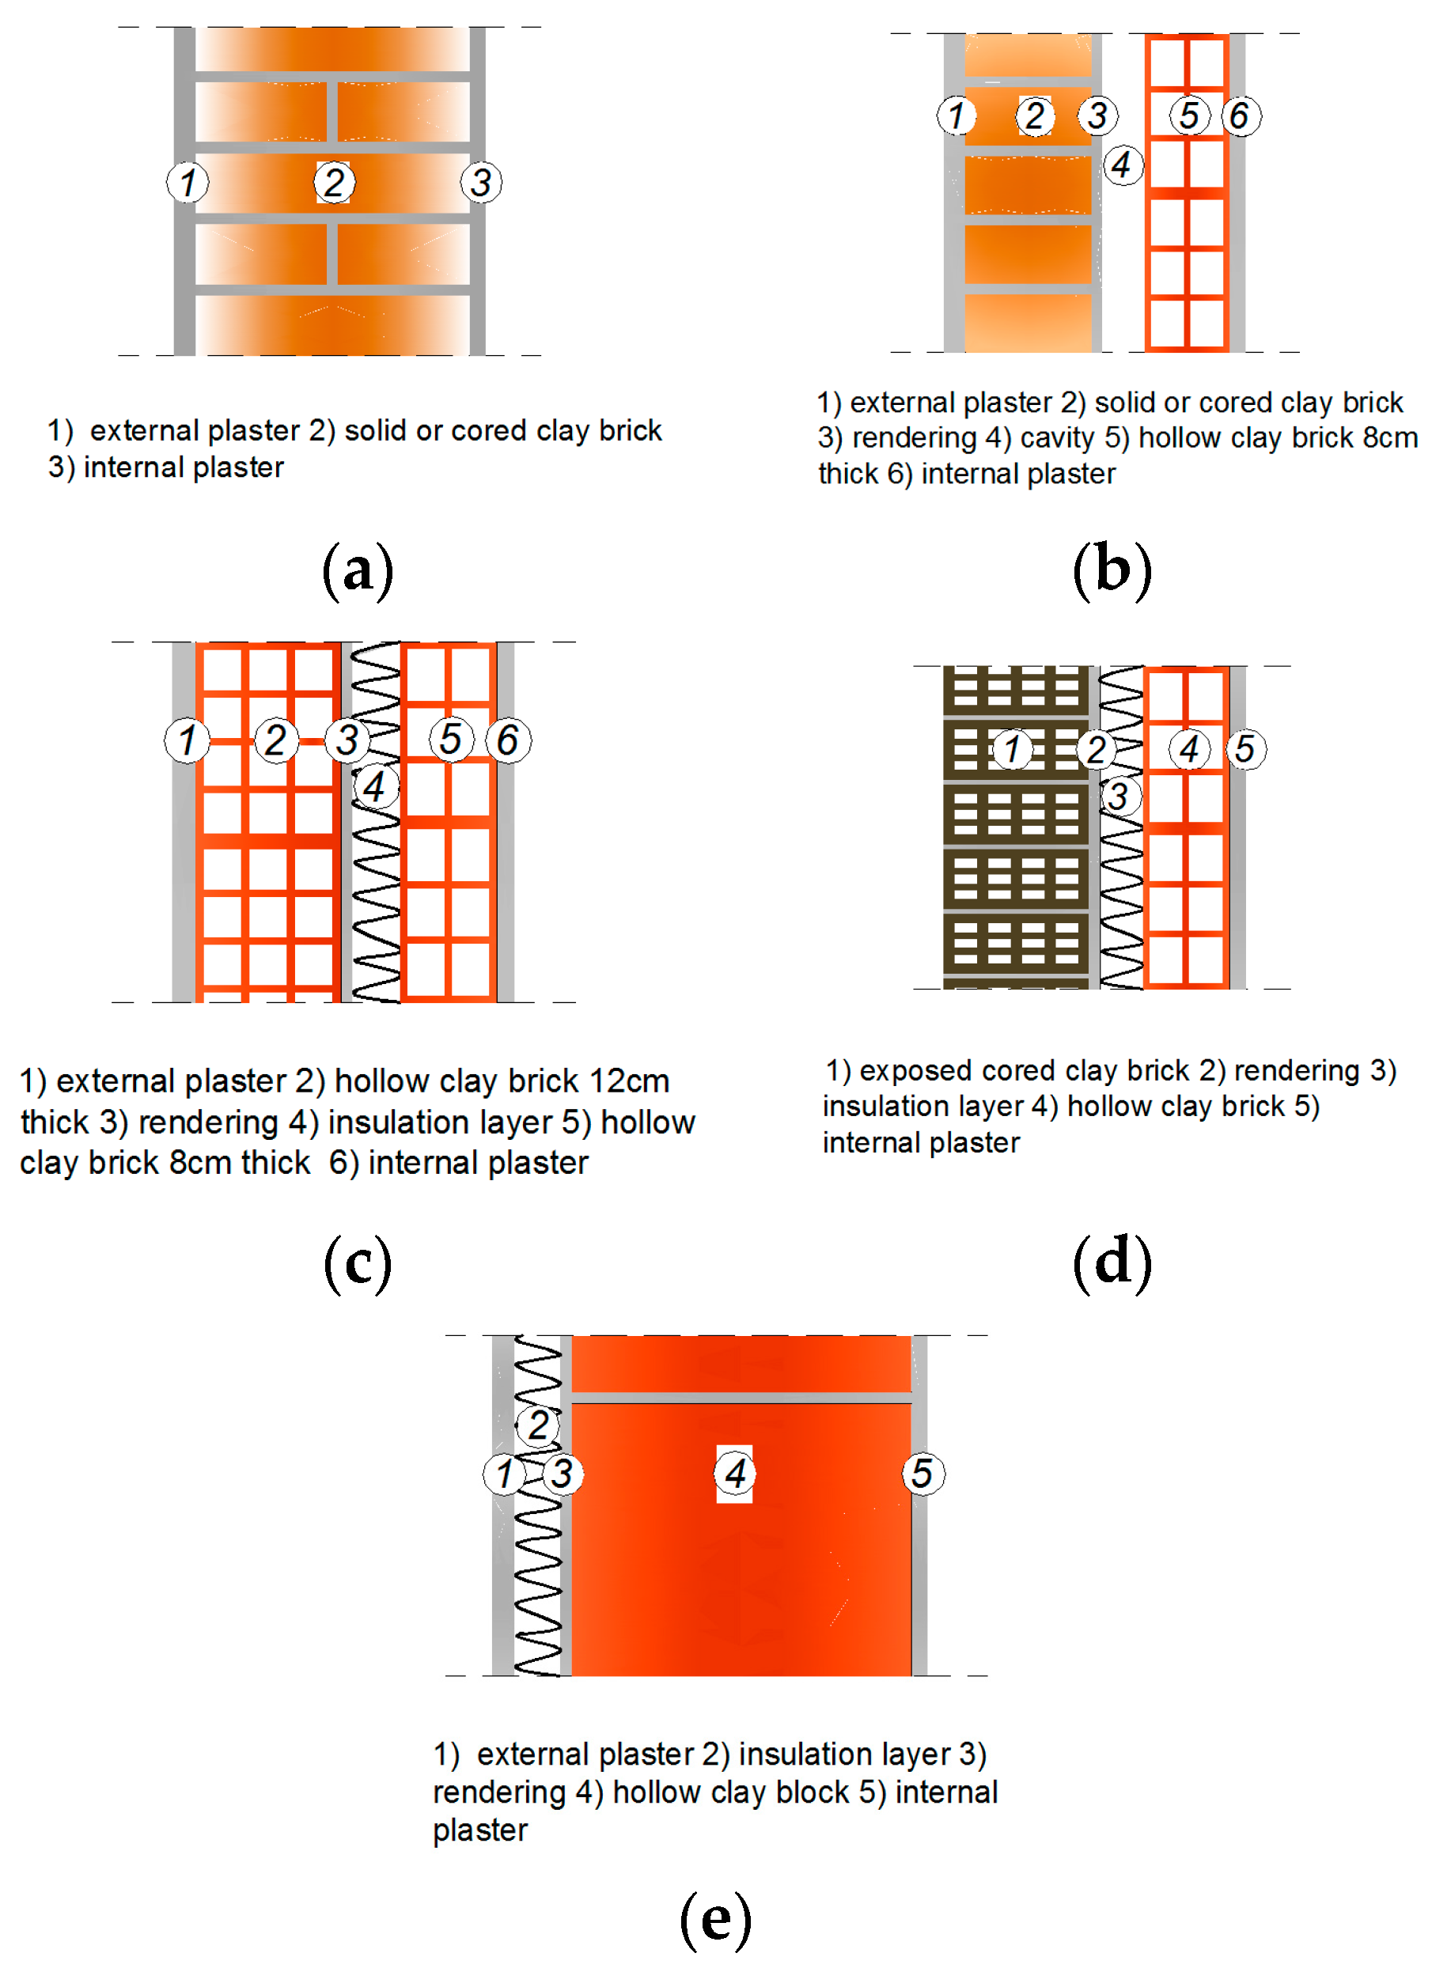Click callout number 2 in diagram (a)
click(335, 183)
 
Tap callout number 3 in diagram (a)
click(481, 183)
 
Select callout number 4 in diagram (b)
click(1122, 165)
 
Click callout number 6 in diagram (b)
click(1240, 115)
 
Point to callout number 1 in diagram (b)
click(957, 115)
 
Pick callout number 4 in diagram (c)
click(375, 787)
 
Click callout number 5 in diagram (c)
click(450, 740)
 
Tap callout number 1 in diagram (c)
click(186, 741)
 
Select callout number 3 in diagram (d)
click(1119, 796)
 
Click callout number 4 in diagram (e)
click(735, 1473)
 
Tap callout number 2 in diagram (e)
click(537, 1425)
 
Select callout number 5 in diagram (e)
click(922, 1473)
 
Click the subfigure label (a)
click(358, 570)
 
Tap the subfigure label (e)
click(714, 1919)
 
